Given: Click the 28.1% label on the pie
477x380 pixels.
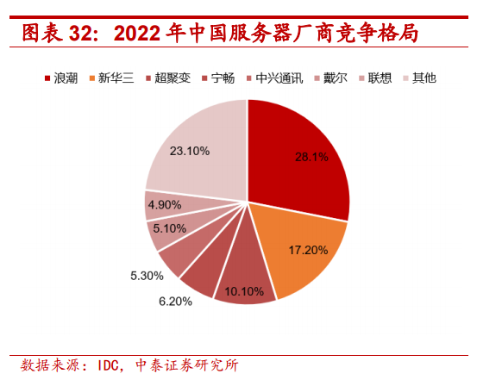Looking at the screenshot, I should [x=311, y=157].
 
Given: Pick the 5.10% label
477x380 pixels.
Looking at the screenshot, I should [x=168, y=228].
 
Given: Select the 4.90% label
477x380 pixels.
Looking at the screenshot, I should [x=163, y=204].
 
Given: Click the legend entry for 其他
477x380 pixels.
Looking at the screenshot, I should [x=424, y=78].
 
